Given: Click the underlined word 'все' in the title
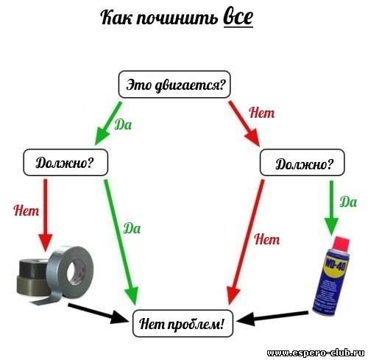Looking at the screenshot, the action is (238, 18).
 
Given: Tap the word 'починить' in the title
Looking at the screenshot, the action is (177, 18).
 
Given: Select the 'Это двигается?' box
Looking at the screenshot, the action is (174, 85).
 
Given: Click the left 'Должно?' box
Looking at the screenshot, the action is (66, 162).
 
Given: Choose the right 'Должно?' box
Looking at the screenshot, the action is (302, 163).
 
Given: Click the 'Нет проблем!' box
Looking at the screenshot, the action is (183, 323).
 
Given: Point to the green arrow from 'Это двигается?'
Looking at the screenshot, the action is (108, 124).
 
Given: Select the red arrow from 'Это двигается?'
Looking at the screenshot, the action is (244, 124).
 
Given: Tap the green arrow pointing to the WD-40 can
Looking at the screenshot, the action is (331, 208).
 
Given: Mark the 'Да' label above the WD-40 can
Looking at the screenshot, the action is (348, 202).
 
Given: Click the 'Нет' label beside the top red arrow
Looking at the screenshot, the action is (262, 113).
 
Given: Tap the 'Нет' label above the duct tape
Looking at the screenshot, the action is (26, 211).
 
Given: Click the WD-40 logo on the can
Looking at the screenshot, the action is (335, 267).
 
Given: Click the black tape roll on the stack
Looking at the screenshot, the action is (33, 267).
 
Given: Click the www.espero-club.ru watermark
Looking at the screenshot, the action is (316, 353).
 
